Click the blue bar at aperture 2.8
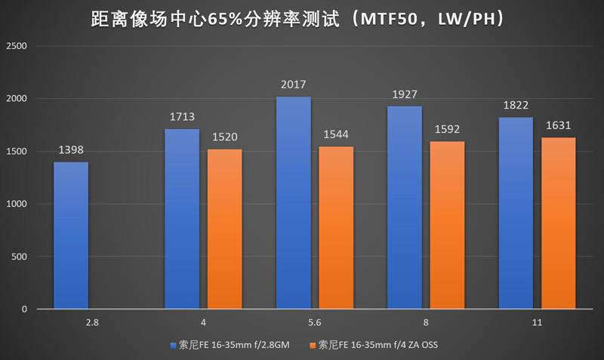tap(71, 235)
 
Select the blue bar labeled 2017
tap(294, 203)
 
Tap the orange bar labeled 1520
tap(225, 229)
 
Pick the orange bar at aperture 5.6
tap(336, 228)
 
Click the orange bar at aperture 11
tap(558, 223)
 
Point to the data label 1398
tap(71, 151)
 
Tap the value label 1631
tap(558, 126)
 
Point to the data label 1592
tap(447, 130)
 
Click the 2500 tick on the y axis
tap(17, 46)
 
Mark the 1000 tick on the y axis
tap(17, 204)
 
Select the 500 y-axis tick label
tap(19, 257)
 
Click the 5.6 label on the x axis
tap(314, 322)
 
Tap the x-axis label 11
tap(536, 322)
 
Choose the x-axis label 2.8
tap(92, 322)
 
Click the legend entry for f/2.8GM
tap(232, 345)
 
